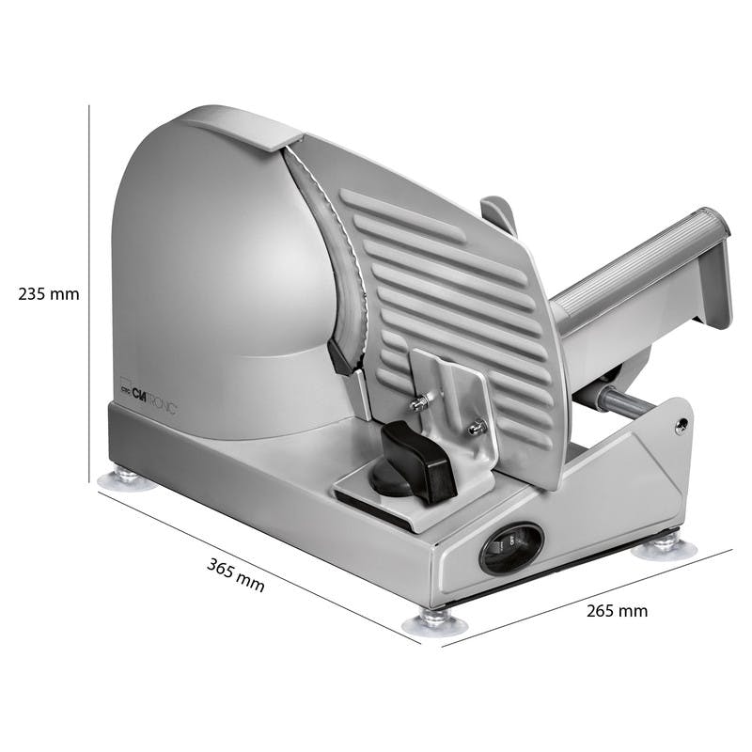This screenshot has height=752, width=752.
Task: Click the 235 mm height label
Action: [49, 293]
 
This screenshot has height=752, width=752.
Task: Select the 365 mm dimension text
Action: [235, 574]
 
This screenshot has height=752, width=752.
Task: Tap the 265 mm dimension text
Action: [617, 611]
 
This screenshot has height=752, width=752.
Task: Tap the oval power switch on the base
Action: [511, 547]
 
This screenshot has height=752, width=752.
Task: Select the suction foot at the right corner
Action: [656, 544]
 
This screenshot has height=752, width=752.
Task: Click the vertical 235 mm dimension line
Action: [89, 282]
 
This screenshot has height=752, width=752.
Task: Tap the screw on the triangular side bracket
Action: [681, 425]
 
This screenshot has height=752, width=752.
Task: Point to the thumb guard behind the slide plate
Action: [499, 215]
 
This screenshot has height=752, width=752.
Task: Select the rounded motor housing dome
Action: [216, 273]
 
